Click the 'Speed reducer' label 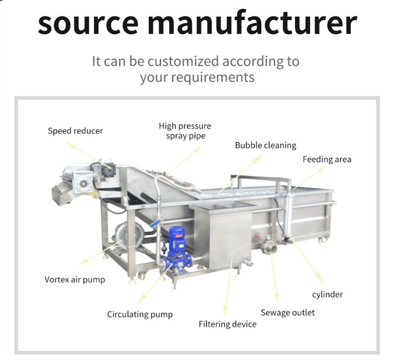[x=75, y=131]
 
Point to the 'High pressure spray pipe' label [x=185, y=131]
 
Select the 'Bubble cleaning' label [x=266, y=145]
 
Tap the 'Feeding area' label [x=327, y=159]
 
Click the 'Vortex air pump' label [x=75, y=279]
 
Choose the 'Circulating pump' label [x=140, y=315]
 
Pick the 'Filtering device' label [x=227, y=324]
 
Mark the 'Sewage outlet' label [x=288, y=312]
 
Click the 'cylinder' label [x=327, y=294]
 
